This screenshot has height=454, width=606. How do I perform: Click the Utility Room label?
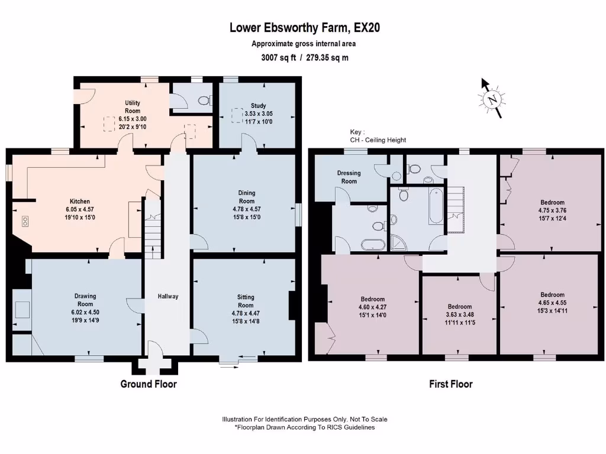(133, 107)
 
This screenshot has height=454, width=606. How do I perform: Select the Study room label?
(258, 106)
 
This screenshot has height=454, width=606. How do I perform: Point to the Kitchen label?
(79, 202)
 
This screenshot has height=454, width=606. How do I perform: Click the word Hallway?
(167, 296)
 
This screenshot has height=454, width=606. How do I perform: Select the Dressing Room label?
(349, 177)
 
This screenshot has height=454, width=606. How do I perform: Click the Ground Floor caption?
(149, 384)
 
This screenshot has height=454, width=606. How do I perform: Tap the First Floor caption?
(450, 384)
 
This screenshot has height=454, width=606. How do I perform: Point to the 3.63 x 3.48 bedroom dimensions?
(459, 315)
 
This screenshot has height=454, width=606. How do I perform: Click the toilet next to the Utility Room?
(204, 101)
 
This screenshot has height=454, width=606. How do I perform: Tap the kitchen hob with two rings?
(25, 222)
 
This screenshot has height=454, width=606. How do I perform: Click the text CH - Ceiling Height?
(378, 140)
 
